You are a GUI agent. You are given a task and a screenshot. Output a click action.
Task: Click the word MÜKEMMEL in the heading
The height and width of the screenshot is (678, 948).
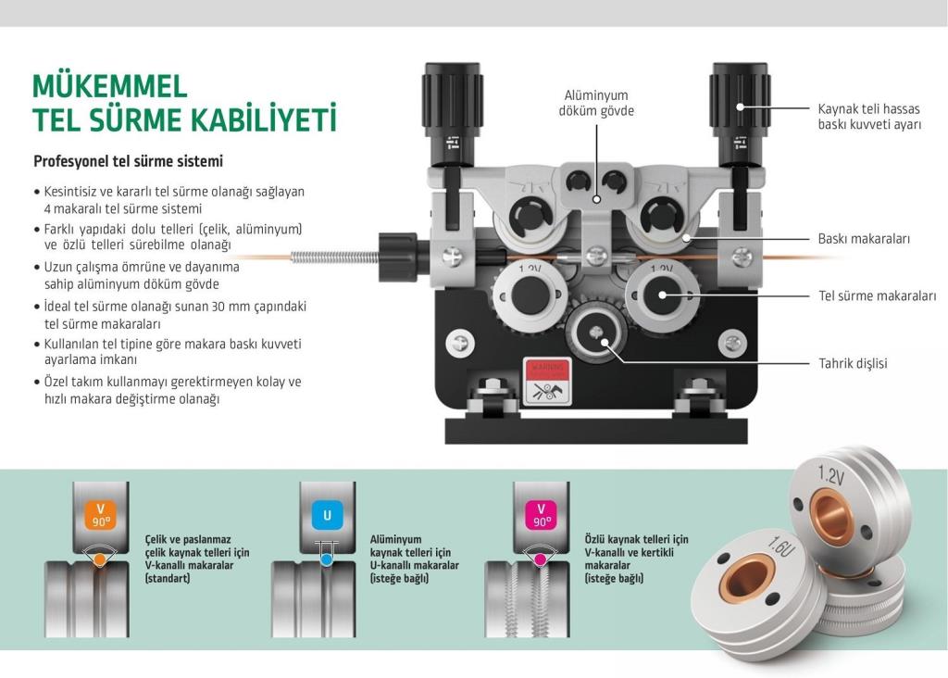pos(110,86)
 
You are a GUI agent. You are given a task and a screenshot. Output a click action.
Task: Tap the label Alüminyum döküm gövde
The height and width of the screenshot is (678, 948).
pos(597,103)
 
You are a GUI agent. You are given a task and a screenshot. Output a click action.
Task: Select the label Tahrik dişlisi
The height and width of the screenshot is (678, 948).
pos(853,363)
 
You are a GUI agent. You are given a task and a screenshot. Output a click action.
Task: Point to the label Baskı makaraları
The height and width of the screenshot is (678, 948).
pos(863,238)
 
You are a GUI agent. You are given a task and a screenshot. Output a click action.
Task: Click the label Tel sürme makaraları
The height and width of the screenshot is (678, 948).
pos(877,296)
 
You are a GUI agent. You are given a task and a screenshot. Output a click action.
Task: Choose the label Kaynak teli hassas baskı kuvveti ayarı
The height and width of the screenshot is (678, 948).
pos(869,115)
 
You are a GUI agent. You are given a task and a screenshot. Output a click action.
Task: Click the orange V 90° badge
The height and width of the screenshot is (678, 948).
pos(100,515)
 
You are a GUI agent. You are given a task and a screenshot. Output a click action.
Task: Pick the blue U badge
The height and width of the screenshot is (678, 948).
pos(326,515)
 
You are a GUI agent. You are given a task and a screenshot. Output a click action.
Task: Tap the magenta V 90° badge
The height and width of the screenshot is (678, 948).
pos(541,515)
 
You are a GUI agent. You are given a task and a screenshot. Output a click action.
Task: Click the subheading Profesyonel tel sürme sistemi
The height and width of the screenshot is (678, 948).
pos(128,161)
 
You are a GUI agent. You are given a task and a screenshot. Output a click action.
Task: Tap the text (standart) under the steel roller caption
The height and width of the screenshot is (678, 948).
pos(167,578)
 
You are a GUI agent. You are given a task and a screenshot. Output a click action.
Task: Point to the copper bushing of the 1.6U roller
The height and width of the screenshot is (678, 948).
pos(745,581)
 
